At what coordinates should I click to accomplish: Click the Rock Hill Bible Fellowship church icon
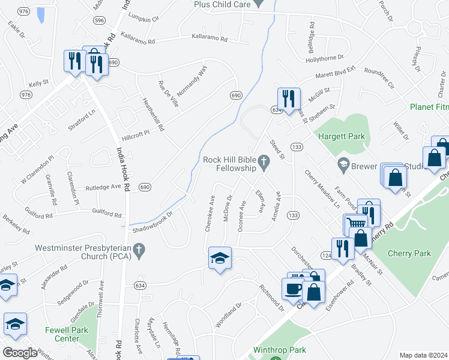click(263, 160)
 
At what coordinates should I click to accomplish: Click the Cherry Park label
click(410, 253)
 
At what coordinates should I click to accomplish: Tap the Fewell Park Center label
click(67, 334)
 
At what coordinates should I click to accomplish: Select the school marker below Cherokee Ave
click(220, 258)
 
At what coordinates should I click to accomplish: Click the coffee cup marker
click(294, 289)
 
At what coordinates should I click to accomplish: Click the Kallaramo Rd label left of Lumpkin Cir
click(139, 35)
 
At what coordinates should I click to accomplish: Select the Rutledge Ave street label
click(103, 187)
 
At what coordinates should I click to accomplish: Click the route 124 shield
click(327, 255)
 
